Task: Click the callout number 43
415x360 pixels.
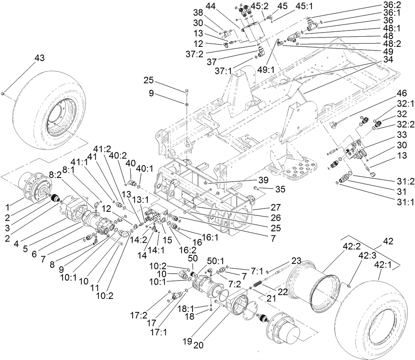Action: [x=39, y=59]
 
